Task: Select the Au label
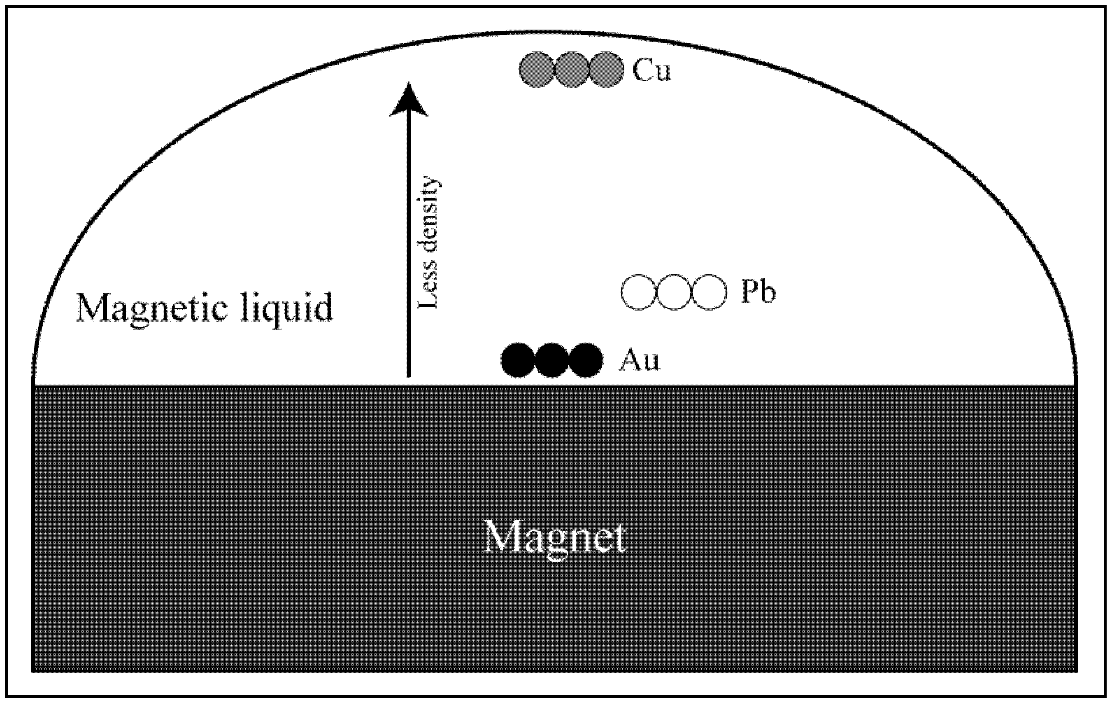point(639,360)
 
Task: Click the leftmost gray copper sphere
point(537,70)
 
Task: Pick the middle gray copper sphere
point(571,70)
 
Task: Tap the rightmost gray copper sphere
point(606,70)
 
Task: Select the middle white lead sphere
point(674,292)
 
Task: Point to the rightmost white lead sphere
point(710,292)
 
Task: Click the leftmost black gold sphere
point(518,360)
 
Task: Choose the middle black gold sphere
point(552,360)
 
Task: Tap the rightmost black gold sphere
point(586,360)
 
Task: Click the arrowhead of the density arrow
point(409,99)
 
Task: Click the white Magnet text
point(555,538)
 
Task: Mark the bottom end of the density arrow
point(409,375)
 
